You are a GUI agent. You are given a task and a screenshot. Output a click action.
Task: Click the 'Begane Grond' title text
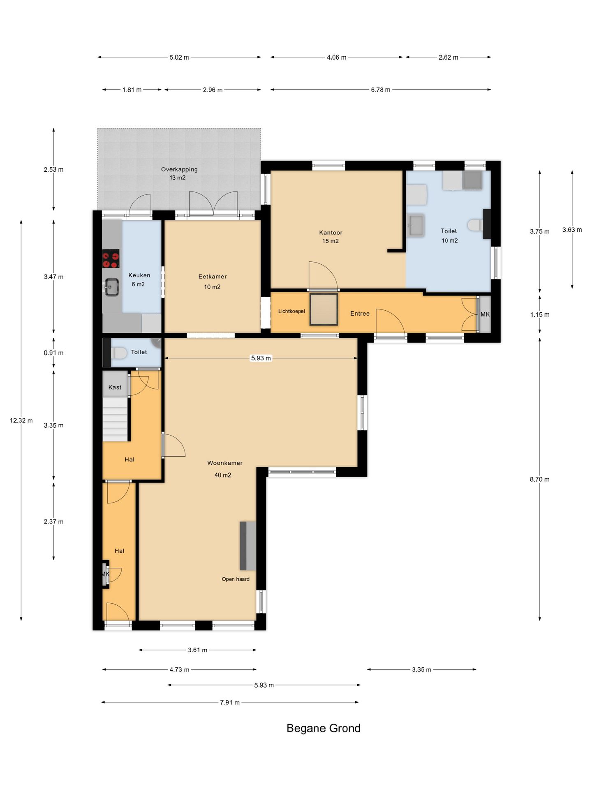point(323,728)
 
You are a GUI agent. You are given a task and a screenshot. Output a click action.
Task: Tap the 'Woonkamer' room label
point(225,463)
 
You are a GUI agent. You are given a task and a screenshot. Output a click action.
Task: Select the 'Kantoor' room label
point(331,233)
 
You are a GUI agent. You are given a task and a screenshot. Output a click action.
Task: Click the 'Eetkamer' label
point(213,277)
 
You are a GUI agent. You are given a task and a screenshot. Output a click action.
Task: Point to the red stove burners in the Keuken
point(111,258)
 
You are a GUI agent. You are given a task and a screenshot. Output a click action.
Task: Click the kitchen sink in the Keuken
point(111,287)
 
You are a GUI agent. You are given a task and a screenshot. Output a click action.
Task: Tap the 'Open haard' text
point(236,579)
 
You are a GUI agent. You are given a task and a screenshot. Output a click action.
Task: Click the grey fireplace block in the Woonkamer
point(248,546)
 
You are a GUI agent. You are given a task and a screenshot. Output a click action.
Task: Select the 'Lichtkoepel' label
point(291,311)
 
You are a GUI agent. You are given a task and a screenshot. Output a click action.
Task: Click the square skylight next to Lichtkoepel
point(324,309)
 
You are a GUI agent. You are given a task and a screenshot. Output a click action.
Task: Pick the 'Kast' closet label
point(115,387)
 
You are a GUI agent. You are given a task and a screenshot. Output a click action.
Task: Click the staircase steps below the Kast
point(115,420)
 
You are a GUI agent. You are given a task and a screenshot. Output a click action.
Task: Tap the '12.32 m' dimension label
point(21,420)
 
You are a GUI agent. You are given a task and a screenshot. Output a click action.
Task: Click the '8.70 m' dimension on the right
point(539,479)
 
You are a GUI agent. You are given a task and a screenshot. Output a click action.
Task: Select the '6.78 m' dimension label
point(381,90)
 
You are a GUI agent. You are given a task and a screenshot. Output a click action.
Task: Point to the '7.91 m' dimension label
point(230,702)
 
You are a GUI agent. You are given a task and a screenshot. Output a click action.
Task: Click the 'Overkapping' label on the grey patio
point(179,169)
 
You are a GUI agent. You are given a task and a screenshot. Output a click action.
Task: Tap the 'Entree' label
point(360,314)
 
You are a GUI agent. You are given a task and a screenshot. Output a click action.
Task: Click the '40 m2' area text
point(223,475)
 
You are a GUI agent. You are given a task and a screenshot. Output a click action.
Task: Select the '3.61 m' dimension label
point(198,650)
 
